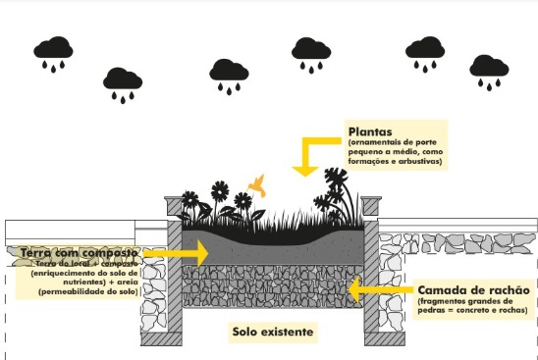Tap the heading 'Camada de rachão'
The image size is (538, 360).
(473, 290)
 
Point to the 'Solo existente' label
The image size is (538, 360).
(273, 332)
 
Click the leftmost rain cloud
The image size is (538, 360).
(52, 51)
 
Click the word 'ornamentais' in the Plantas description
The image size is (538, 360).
(376, 143)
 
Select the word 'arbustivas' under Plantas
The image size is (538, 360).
(417, 161)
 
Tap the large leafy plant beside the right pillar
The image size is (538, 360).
(339, 191)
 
